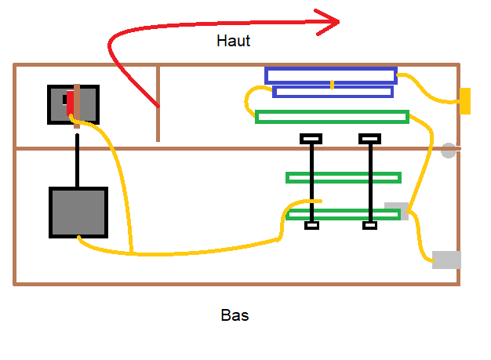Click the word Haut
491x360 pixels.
(x=233, y=41)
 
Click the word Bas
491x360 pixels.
(x=235, y=316)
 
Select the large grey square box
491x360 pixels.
(x=78, y=212)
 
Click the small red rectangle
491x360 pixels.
(x=70, y=103)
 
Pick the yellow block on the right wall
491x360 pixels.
(x=464, y=101)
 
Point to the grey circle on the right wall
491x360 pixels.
(x=449, y=151)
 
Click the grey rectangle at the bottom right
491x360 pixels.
(x=446, y=260)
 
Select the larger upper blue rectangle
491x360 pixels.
(x=330, y=75)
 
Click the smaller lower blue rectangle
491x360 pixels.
(x=333, y=92)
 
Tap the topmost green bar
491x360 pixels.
(x=332, y=117)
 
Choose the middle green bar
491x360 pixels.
(x=344, y=177)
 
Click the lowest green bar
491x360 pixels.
(x=344, y=214)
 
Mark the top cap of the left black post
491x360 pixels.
(x=311, y=140)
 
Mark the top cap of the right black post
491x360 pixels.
(x=369, y=140)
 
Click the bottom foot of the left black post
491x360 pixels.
(x=311, y=226)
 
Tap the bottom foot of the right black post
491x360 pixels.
(x=370, y=226)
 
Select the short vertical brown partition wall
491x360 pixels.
(x=158, y=104)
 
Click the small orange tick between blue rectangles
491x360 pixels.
(x=332, y=84)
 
